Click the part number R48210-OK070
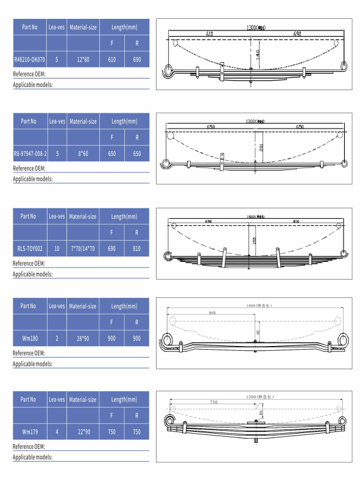pyautogui.click(x=30, y=60)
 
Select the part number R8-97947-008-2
pyautogui.click(x=30, y=154)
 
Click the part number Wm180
pyautogui.click(x=30, y=338)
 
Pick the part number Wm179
pyautogui.click(x=30, y=432)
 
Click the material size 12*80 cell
pyautogui.click(x=83, y=60)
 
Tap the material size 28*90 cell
pyautogui.click(x=83, y=338)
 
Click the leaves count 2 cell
pyautogui.click(x=57, y=338)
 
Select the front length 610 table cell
pyautogui.click(x=111, y=60)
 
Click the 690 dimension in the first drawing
pyautogui.click(x=297, y=34)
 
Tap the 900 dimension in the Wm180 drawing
pyautogui.click(x=211, y=312)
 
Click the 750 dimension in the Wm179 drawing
pyautogui.click(x=213, y=402)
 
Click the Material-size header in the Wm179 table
pyautogui.click(x=83, y=400)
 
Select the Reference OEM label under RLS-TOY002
pyautogui.click(x=29, y=263)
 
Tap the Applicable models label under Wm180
pyautogui.click(x=32, y=364)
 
